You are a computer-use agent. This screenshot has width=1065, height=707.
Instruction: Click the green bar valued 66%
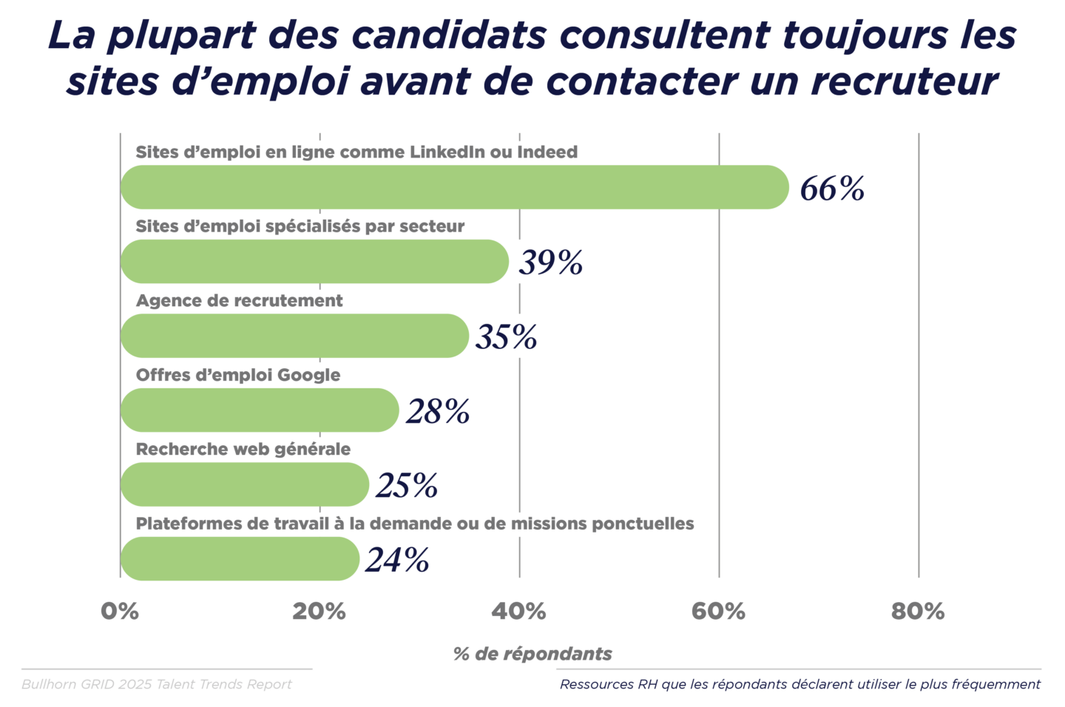click(454, 187)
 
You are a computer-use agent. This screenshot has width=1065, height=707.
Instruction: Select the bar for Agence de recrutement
click(294, 336)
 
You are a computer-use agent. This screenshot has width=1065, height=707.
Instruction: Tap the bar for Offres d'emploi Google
click(260, 410)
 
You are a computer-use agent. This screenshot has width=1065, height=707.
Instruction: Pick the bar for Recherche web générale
click(244, 484)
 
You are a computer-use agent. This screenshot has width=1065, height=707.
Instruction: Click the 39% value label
click(551, 263)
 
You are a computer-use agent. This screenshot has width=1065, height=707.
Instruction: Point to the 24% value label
click(397, 560)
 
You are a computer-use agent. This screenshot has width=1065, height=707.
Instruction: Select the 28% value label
click(438, 411)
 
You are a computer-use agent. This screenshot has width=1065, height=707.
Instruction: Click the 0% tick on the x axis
click(120, 612)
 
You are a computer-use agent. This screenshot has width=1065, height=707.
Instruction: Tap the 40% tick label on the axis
click(518, 612)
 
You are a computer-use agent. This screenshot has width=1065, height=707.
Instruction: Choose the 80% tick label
click(918, 612)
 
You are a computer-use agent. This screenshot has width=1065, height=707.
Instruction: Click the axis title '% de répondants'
click(532, 654)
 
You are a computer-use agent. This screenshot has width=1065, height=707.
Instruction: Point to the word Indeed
click(547, 152)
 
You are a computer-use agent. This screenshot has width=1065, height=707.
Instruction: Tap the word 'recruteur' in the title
click(905, 81)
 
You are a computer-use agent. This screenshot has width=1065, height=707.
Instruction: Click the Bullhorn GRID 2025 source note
click(157, 684)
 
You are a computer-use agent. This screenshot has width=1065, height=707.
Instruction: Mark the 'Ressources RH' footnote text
click(799, 684)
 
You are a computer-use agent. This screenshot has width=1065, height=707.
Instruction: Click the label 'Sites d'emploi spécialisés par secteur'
click(300, 226)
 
